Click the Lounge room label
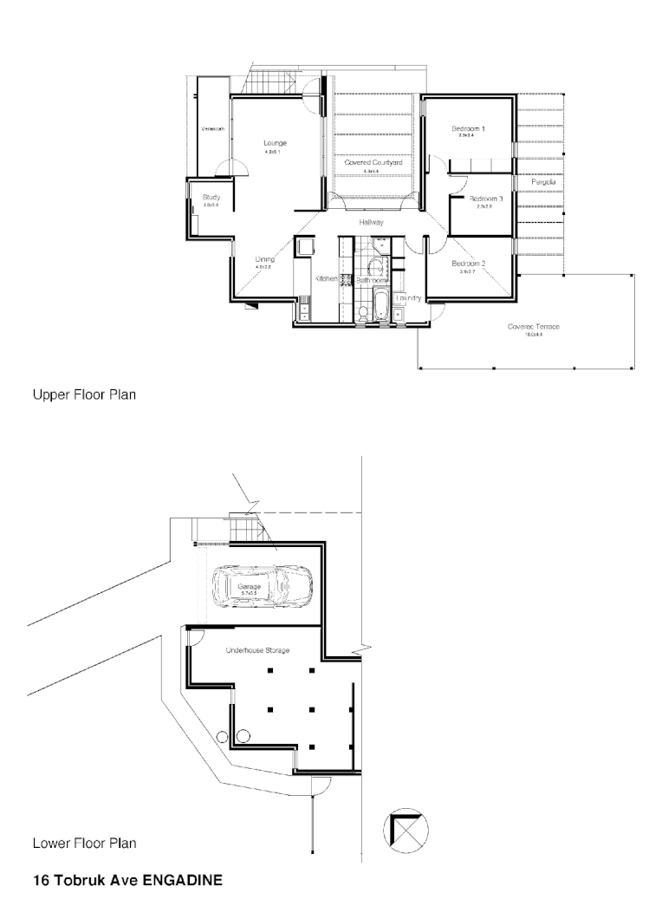276,143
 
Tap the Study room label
211,198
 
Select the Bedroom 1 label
469,129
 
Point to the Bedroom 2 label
469,264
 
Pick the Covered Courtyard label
373,162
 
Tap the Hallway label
372,223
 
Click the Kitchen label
326,279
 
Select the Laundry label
408,298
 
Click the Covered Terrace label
534,326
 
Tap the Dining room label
264,259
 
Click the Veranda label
213,129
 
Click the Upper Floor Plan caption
84,394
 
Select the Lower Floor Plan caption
84,843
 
